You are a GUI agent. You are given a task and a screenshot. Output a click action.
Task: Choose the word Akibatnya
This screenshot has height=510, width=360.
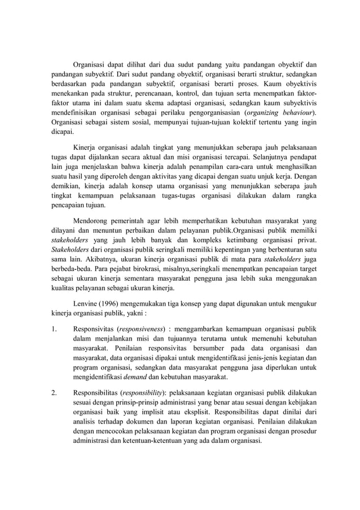click(81, 258)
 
